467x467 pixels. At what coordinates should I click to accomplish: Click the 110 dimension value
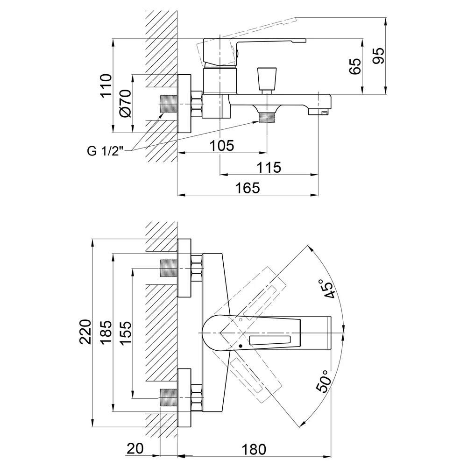[x=106, y=85]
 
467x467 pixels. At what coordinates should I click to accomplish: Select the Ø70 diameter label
[x=125, y=103]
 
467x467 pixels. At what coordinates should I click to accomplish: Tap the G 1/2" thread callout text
[x=105, y=151]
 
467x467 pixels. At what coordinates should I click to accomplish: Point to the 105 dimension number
[x=222, y=146]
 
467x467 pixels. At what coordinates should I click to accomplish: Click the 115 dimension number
[x=269, y=167]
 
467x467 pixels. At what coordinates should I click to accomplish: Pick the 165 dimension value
[x=248, y=188]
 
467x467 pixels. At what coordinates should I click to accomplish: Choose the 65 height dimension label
[x=355, y=66]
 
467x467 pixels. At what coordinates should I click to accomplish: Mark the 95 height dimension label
[x=379, y=56]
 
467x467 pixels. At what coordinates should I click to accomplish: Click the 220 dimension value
[x=85, y=332]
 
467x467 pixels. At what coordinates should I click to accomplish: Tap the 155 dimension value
[x=126, y=333]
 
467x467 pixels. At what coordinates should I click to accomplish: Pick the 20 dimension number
[x=135, y=448]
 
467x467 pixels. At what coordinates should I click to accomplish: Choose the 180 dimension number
[x=254, y=450]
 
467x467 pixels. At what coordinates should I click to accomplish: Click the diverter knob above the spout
[x=267, y=79]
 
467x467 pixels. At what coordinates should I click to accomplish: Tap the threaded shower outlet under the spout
[x=267, y=117]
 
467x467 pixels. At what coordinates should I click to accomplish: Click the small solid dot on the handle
[x=241, y=346]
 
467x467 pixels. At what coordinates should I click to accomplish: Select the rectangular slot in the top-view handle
[x=270, y=340]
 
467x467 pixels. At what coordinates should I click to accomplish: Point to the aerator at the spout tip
[x=318, y=112]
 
